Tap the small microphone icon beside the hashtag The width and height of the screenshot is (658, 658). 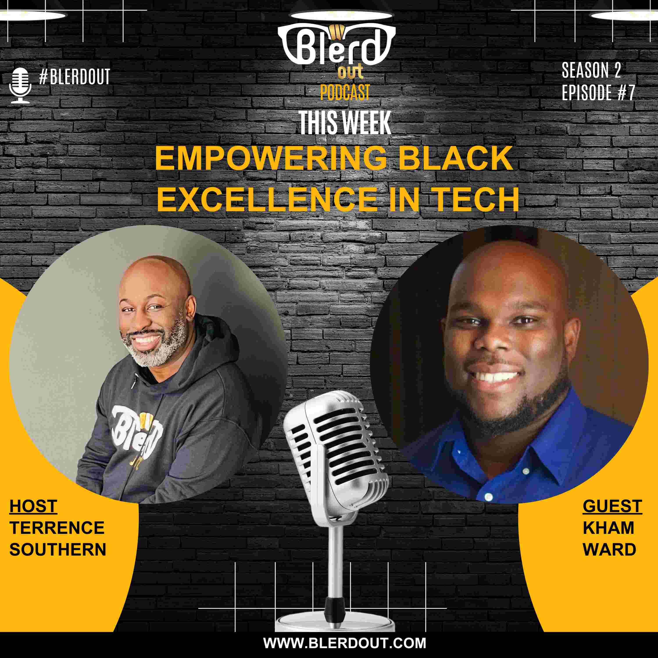[20, 85]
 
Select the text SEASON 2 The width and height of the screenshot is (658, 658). [592, 70]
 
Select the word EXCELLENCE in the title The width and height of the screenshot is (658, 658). [267, 200]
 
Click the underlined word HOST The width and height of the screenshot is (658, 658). [33, 506]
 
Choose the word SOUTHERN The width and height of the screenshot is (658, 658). [58, 549]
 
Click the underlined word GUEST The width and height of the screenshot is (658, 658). [612, 506]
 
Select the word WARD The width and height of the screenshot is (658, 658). [609, 549]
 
